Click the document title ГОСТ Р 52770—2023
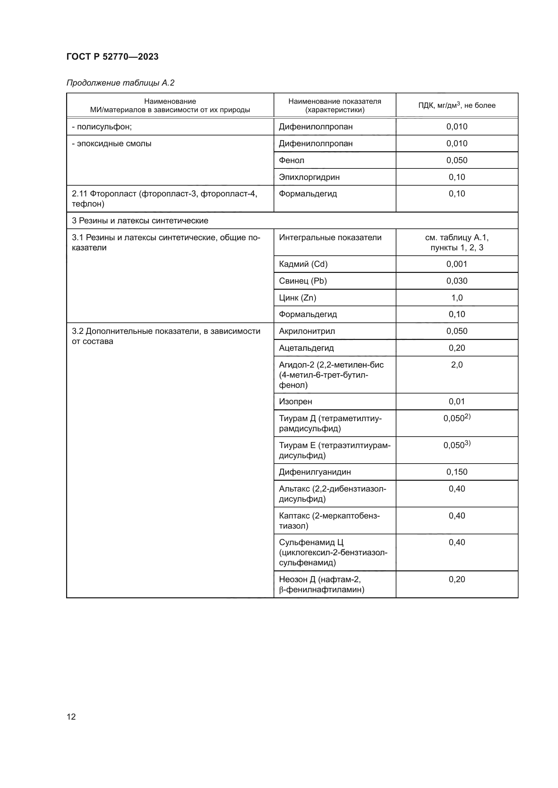pos(112,57)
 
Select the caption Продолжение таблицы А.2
pos(120,83)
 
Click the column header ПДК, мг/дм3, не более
pos(457,105)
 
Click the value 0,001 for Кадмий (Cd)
pos(457,264)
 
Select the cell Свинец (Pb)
pos(303,281)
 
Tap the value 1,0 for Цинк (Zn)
pos(457,297)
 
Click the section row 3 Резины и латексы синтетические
pos(140,221)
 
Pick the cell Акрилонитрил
pos(307,331)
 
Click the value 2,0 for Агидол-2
pos(457,365)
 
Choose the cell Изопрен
pos(296,402)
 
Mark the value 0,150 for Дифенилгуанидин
pos(457,472)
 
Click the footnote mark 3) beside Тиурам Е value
pos(468,443)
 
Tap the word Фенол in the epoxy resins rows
pos(291,160)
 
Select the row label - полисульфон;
pos(102,127)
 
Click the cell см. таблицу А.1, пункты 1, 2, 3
pos(457,242)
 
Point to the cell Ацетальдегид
pos(306,348)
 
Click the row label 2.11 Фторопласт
pos(164,199)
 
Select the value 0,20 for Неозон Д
pos(457,579)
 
